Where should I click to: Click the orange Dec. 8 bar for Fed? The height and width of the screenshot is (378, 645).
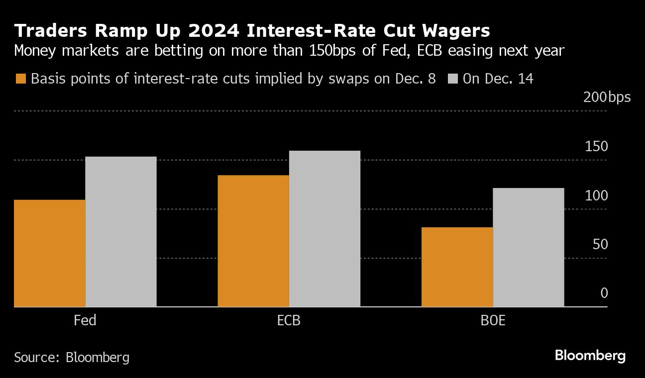pyautogui.click(x=50, y=253)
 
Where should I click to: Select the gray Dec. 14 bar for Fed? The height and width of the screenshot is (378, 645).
pyautogui.click(x=121, y=232)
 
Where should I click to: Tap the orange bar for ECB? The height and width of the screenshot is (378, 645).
pyautogui.click(x=253, y=241)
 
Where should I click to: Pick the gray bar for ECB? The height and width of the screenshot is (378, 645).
pyautogui.click(x=324, y=229)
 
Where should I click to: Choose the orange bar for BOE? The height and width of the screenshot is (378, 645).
pyautogui.click(x=457, y=267)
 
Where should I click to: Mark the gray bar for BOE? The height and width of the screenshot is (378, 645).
pyautogui.click(x=529, y=247)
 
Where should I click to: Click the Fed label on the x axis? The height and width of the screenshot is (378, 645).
pyautogui.click(x=85, y=320)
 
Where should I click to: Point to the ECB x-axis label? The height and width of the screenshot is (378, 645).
pyautogui.click(x=289, y=320)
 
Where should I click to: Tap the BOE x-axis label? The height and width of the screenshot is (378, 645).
pyautogui.click(x=493, y=320)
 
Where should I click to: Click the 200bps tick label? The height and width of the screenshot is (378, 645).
pyautogui.click(x=607, y=97)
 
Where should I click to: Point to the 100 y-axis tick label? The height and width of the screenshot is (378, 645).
pyautogui.click(x=596, y=195)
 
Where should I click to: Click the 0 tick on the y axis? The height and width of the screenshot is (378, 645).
pyautogui.click(x=604, y=293)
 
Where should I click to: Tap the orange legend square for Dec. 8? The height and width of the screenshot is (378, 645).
pyautogui.click(x=20, y=79)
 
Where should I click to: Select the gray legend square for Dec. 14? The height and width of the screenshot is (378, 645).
pyautogui.click(x=452, y=79)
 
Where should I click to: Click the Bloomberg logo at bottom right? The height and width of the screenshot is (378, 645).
pyautogui.click(x=590, y=356)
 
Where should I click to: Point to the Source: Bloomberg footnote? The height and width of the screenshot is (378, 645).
pyautogui.click(x=72, y=357)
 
